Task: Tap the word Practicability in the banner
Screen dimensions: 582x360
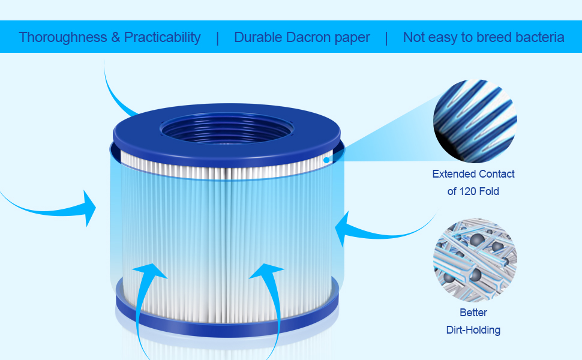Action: point(162,37)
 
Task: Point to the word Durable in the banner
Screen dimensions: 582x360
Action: point(257,37)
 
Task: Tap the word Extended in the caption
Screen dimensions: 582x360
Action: point(453,174)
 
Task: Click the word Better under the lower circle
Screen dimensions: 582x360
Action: point(473,313)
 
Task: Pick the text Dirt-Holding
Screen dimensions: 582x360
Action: point(473,329)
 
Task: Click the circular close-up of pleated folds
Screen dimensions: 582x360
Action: point(475,121)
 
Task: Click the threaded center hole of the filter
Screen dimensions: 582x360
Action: point(226,129)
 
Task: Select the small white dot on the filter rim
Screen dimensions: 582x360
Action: point(325,160)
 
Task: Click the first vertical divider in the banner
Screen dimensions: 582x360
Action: point(217,37)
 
